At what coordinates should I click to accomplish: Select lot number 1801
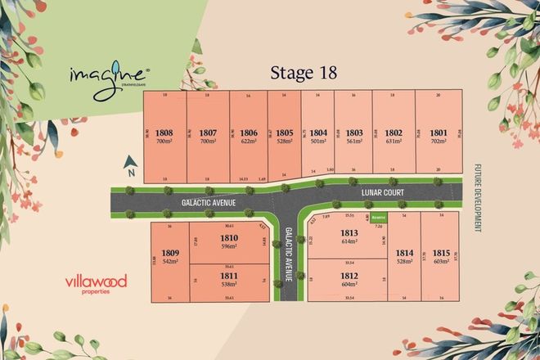pos(439,132)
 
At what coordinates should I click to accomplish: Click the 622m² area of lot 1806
pos(250,142)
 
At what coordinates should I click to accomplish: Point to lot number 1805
pos(284,132)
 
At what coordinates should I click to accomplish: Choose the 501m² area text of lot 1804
pos(318,142)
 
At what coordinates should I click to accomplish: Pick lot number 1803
pos(353,132)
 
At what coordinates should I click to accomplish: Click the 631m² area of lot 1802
pos(394,142)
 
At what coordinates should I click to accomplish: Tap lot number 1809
pos(170,253)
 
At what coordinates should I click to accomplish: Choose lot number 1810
pos(229,238)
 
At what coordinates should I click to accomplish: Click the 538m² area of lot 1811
pos(229,286)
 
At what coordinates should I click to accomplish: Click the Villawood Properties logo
pos(96,284)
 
